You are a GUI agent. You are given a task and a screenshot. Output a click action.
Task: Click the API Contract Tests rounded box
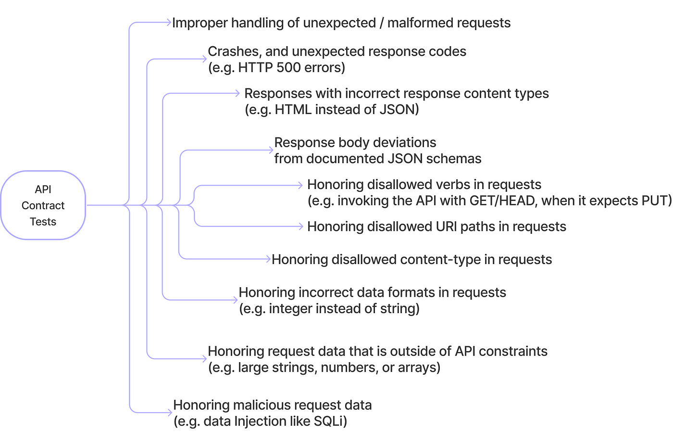point(43,205)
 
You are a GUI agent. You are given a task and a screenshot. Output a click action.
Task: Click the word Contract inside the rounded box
point(43,206)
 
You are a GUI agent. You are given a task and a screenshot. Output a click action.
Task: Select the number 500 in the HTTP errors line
point(288,68)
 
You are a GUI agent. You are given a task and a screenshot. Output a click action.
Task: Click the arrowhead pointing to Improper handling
point(169,22)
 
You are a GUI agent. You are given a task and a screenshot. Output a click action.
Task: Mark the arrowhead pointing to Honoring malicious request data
point(170,412)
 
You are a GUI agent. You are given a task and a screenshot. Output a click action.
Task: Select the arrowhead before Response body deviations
point(271,150)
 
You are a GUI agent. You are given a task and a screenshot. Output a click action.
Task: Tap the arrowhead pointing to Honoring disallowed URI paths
point(301,226)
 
